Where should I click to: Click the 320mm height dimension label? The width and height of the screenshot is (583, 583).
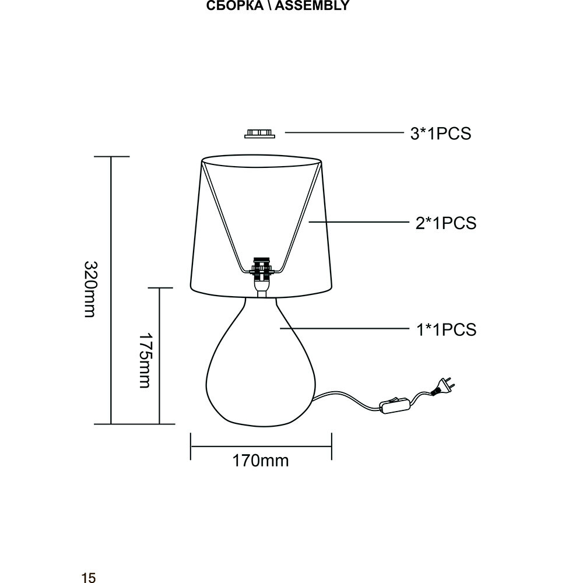[x=89, y=290]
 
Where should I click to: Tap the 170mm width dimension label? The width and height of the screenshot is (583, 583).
[x=261, y=461]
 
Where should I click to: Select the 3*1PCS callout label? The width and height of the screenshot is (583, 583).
[x=440, y=134]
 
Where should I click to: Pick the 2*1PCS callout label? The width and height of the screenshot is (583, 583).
[x=446, y=223]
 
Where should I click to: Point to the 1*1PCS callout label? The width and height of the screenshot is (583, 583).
[x=446, y=329]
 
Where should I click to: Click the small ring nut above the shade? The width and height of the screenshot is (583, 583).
[x=259, y=134]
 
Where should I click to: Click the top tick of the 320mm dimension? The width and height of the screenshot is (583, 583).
[x=111, y=157]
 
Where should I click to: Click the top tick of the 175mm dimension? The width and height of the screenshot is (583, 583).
[x=159, y=287]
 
